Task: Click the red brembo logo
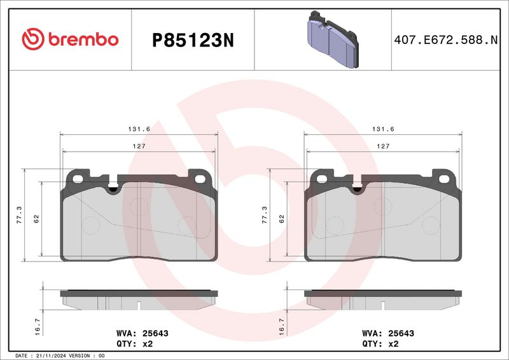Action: (x=70, y=39)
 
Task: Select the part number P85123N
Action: (x=193, y=41)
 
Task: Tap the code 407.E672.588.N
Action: (x=446, y=40)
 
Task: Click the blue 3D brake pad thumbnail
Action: (x=333, y=39)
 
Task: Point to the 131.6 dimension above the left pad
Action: (x=139, y=129)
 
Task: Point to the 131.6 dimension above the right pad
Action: (x=383, y=129)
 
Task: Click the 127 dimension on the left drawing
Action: (x=139, y=146)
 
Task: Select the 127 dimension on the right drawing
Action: (x=383, y=146)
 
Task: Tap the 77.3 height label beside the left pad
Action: (x=20, y=215)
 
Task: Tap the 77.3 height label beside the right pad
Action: (x=265, y=215)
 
